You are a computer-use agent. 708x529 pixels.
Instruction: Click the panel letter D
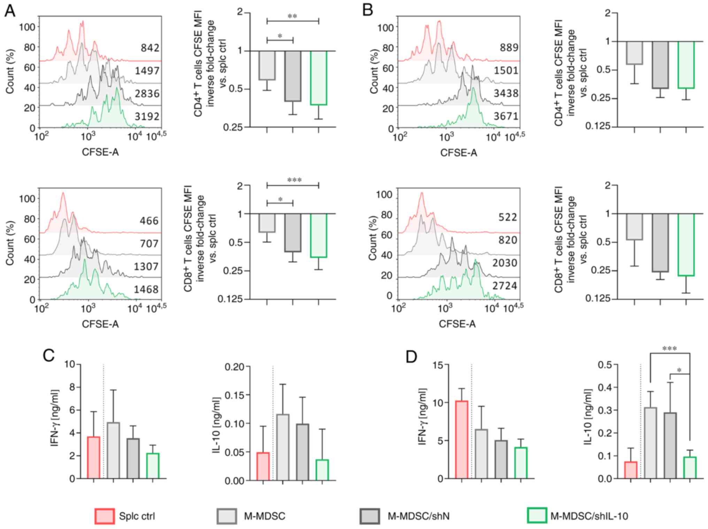click(411, 356)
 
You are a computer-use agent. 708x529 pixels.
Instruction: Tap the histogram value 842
click(150, 48)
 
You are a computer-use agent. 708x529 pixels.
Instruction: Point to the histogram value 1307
click(146, 267)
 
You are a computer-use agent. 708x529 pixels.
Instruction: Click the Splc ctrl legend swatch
click(104, 516)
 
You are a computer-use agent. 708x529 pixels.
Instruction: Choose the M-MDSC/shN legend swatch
click(370, 516)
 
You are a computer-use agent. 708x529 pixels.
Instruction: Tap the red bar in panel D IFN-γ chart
click(462, 440)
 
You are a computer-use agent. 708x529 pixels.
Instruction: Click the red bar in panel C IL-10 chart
click(263, 466)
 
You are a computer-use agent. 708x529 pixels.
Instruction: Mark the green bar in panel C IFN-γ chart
click(153, 466)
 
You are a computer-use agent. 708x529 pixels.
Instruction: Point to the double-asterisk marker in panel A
click(292, 16)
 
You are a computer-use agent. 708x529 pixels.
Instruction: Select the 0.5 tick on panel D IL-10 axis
click(605, 365)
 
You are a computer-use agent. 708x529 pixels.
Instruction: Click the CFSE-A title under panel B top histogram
click(459, 153)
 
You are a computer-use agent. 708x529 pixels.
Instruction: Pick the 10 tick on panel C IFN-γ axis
click(70, 365)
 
